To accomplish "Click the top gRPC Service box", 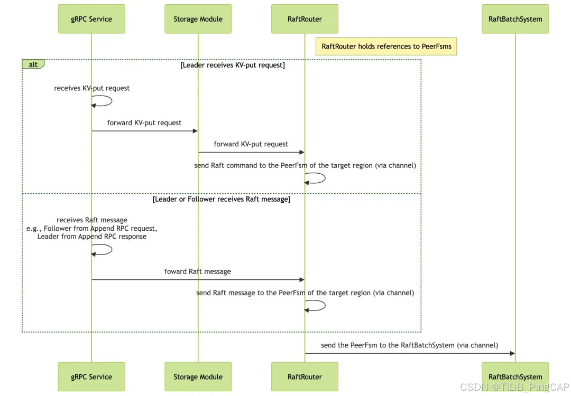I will point(91,19).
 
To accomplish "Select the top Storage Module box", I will point(198,19).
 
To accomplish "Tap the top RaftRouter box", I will point(305,19).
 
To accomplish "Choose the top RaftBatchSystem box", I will point(515,19).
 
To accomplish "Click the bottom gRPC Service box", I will point(91,376).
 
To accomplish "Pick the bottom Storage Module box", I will point(198,376).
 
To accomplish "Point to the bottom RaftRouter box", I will point(305,376).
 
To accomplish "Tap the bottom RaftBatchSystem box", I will point(515,376).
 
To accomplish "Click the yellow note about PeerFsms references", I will point(386,46).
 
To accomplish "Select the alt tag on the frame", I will point(33,64).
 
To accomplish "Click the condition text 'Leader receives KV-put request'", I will point(233,65).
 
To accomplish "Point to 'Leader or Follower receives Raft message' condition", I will point(222,199).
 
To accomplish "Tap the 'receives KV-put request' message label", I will point(92,88).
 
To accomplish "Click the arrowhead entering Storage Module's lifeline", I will point(195,131).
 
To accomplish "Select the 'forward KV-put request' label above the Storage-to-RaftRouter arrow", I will point(251,144).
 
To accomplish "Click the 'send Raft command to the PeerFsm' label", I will point(305,165).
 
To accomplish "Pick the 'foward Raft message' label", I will point(198,271).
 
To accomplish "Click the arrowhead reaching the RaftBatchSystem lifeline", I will point(512,354).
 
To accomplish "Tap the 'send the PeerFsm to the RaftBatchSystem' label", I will point(409,345).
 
